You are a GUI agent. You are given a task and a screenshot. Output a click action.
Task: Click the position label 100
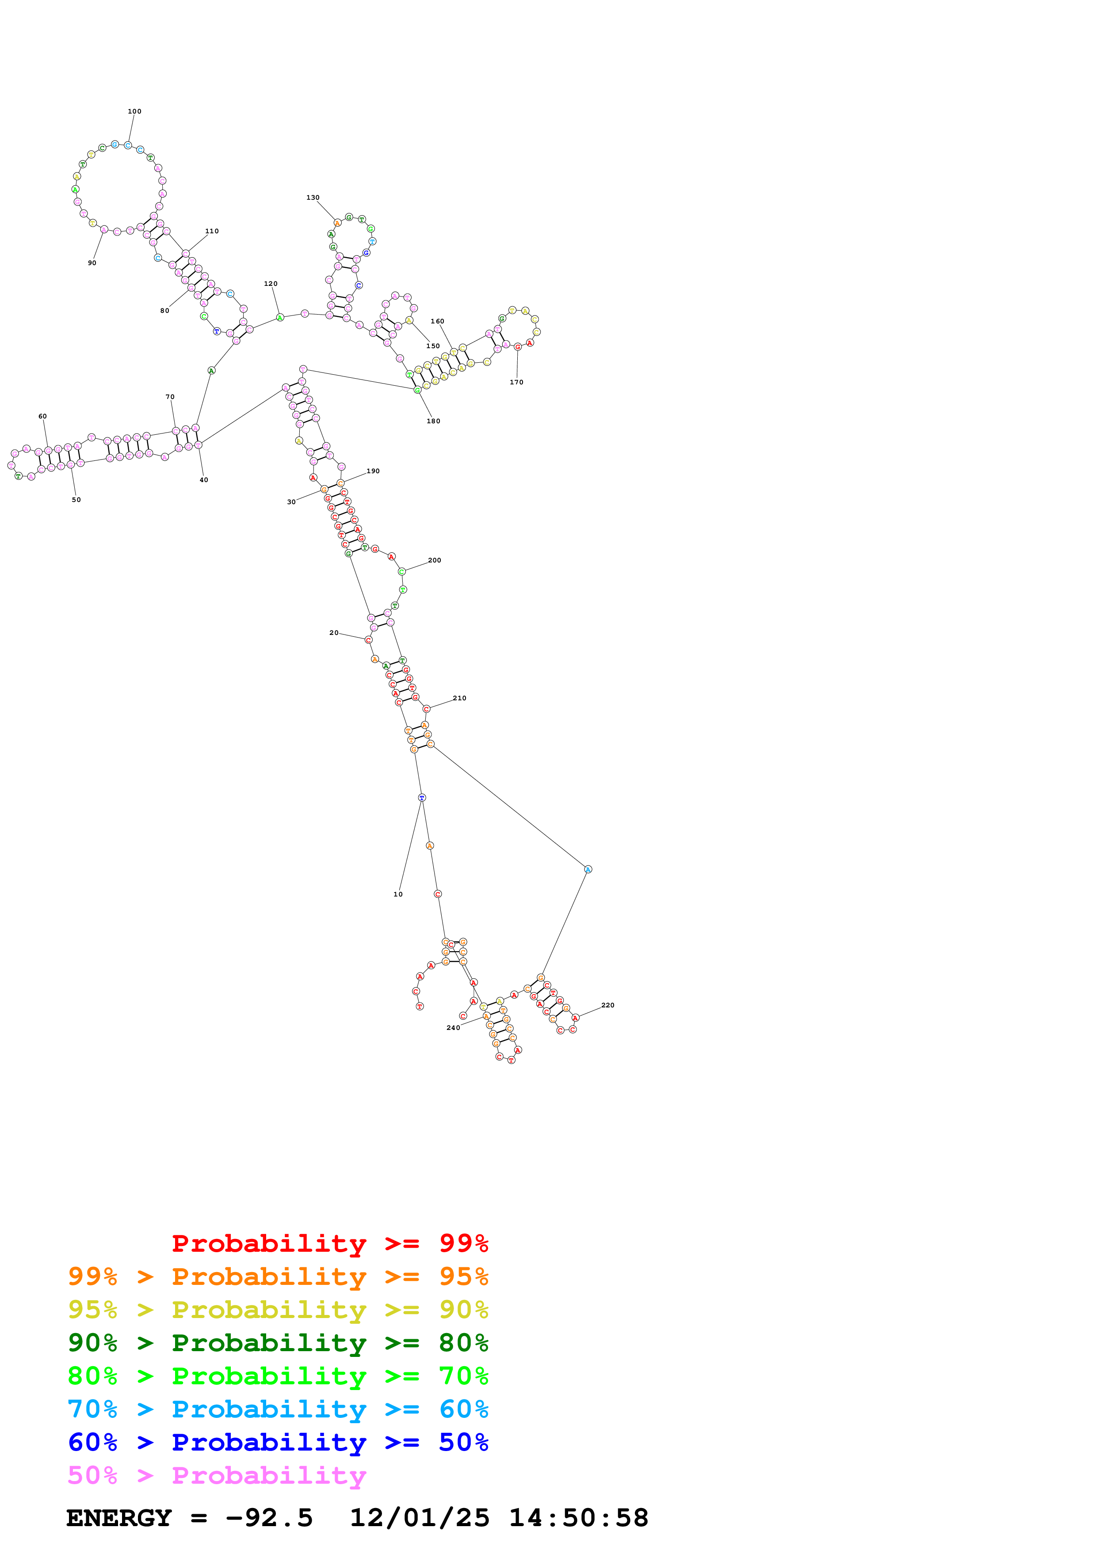134,111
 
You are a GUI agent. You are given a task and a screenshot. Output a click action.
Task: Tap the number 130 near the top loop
313,198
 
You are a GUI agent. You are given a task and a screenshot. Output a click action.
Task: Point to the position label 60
42,417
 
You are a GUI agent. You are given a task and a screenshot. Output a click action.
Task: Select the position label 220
608,1005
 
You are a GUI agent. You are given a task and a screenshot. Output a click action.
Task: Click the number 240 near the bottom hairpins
453,1027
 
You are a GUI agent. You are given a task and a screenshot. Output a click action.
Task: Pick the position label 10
398,894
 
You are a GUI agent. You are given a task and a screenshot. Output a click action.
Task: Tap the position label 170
516,382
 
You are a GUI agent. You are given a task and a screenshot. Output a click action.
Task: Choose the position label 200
434,560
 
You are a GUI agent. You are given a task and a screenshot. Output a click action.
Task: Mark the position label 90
92,263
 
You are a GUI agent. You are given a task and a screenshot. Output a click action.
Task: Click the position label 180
434,421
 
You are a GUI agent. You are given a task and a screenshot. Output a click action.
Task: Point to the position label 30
291,502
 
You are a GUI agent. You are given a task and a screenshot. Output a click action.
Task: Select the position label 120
271,284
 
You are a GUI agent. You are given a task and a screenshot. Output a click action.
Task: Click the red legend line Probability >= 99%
329,1243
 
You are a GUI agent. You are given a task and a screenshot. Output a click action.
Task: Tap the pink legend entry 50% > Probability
217,1476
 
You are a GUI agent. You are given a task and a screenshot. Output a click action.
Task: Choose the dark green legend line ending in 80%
278,1343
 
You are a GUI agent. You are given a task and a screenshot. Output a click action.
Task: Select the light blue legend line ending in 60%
278,1409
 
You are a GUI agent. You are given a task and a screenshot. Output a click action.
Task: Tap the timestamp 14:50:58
578,1518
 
